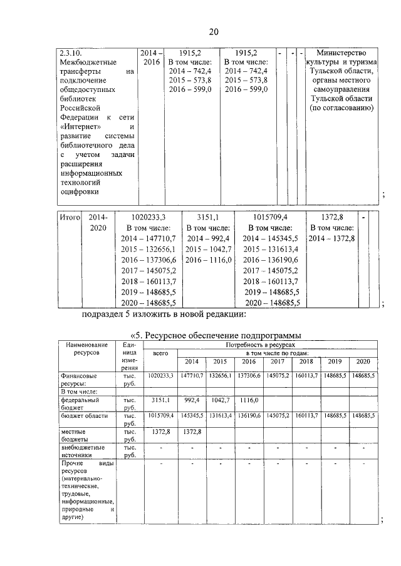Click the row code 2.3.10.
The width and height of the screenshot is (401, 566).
(x=71, y=53)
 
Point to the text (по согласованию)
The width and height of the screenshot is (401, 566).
(x=341, y=108)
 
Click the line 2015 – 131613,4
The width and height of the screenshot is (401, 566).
(x=269, y=250)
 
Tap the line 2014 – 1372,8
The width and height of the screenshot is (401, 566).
(x=331, y=239)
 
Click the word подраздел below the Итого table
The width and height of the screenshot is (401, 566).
(x=106, y=314)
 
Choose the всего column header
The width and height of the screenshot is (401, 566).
(x=160, y=354)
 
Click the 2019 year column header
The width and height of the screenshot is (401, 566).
(x=335, y=362)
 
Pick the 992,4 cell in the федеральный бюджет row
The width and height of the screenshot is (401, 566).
(x=192, y=398)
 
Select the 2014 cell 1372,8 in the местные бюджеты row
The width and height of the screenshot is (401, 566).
(x=192, y=432)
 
